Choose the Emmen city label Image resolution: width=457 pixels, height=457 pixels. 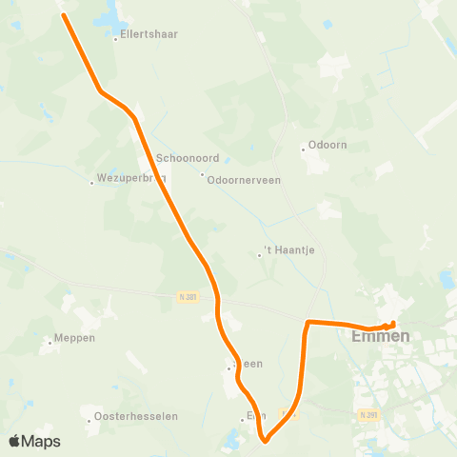pyautogui.click(x=380, y=336)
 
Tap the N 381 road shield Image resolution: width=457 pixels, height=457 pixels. pyautogui.click(x=188, y=297)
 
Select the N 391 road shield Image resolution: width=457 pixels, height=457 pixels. pyautogui.click(x=368, y=414)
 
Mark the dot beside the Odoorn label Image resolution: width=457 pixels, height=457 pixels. pyautogui.click(x=303, y=148)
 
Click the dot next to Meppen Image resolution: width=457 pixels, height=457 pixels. pyautogui.click(x=50, y=341)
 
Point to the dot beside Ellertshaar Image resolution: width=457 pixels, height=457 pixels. pyautogui.click(x=114, y=39)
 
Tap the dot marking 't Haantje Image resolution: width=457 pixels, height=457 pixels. pyautogui.click(x=259, y=254)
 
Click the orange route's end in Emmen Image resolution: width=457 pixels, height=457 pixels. pyautogui.click(x=393, y=325)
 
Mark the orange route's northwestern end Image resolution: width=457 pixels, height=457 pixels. pyautogui.click(x=64, y=14)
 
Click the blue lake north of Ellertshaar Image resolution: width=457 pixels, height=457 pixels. pyautogui.click(x=108, y=14)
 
